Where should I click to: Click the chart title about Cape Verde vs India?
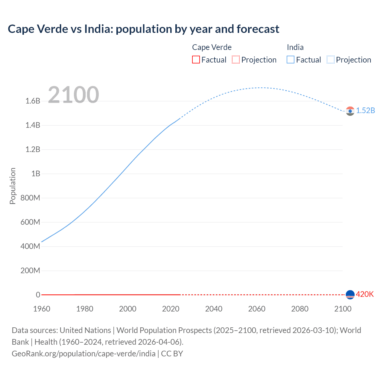click(143, 29)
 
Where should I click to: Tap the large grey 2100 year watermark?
click(73, 95)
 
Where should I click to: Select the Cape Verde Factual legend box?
click(196, 60)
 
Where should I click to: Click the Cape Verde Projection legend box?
click(236, 60)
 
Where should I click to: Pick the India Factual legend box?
click(290, 60)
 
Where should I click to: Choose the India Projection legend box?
click(330, 60)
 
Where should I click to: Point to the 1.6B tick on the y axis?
click(33, 101)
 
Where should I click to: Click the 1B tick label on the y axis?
click(36, 174)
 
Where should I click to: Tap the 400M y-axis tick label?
click(30, 246)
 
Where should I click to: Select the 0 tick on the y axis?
click(38, 295)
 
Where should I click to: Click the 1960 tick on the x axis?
click(42, 309)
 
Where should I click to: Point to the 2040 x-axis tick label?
click(214, 309)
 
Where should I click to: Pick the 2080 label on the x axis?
click(300, 309)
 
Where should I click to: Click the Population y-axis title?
click(13, 186)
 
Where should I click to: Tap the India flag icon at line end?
click(350, 111)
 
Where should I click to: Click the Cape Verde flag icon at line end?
click(350, 295)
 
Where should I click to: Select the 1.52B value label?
click(365, 111)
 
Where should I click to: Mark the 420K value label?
click(365, 294)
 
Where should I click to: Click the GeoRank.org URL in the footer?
click(83, 353)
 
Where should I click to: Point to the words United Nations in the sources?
click(85, 330)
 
